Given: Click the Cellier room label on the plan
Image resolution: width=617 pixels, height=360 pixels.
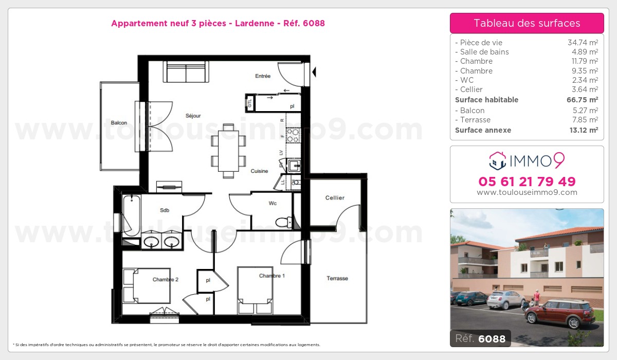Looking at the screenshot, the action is click(335, 198).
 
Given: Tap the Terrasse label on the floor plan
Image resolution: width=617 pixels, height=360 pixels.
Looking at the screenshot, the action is click(337, 278).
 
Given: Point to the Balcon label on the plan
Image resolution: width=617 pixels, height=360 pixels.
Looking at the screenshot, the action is click(119, 122).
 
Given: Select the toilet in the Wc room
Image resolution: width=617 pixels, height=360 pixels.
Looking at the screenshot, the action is click(284, 222).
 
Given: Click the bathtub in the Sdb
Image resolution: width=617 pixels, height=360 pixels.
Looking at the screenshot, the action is click(132, 215).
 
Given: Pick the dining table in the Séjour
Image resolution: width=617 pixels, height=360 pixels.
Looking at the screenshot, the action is click(228, 151).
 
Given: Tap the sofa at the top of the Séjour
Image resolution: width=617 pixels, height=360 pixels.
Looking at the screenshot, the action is click(186, 71).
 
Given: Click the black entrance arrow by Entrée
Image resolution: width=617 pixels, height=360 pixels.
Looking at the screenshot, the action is click(314, 72).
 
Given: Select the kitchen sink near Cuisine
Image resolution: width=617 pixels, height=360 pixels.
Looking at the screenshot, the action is click(294, 166).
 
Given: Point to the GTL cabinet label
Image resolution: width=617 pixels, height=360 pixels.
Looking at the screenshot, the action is click(249, 103).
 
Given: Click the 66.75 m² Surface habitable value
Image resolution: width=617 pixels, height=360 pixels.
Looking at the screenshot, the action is click(582, 100).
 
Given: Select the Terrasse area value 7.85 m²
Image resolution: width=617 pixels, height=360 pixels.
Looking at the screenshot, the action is click(585, 120).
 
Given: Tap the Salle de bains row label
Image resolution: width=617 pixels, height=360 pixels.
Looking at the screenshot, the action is click(484, 52).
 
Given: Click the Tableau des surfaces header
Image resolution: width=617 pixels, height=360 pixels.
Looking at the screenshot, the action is click(527, 23).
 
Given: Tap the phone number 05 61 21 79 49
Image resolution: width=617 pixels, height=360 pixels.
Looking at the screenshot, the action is click(527, 182).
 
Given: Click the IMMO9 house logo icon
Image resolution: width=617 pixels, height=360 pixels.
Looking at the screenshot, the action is click(498, 160).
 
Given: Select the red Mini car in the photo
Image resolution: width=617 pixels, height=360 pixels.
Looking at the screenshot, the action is click(559, 314).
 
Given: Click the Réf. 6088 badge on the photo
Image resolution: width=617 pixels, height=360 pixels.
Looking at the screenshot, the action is click(480, 338).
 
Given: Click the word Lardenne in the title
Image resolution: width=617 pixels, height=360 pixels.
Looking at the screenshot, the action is click(255, 23).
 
